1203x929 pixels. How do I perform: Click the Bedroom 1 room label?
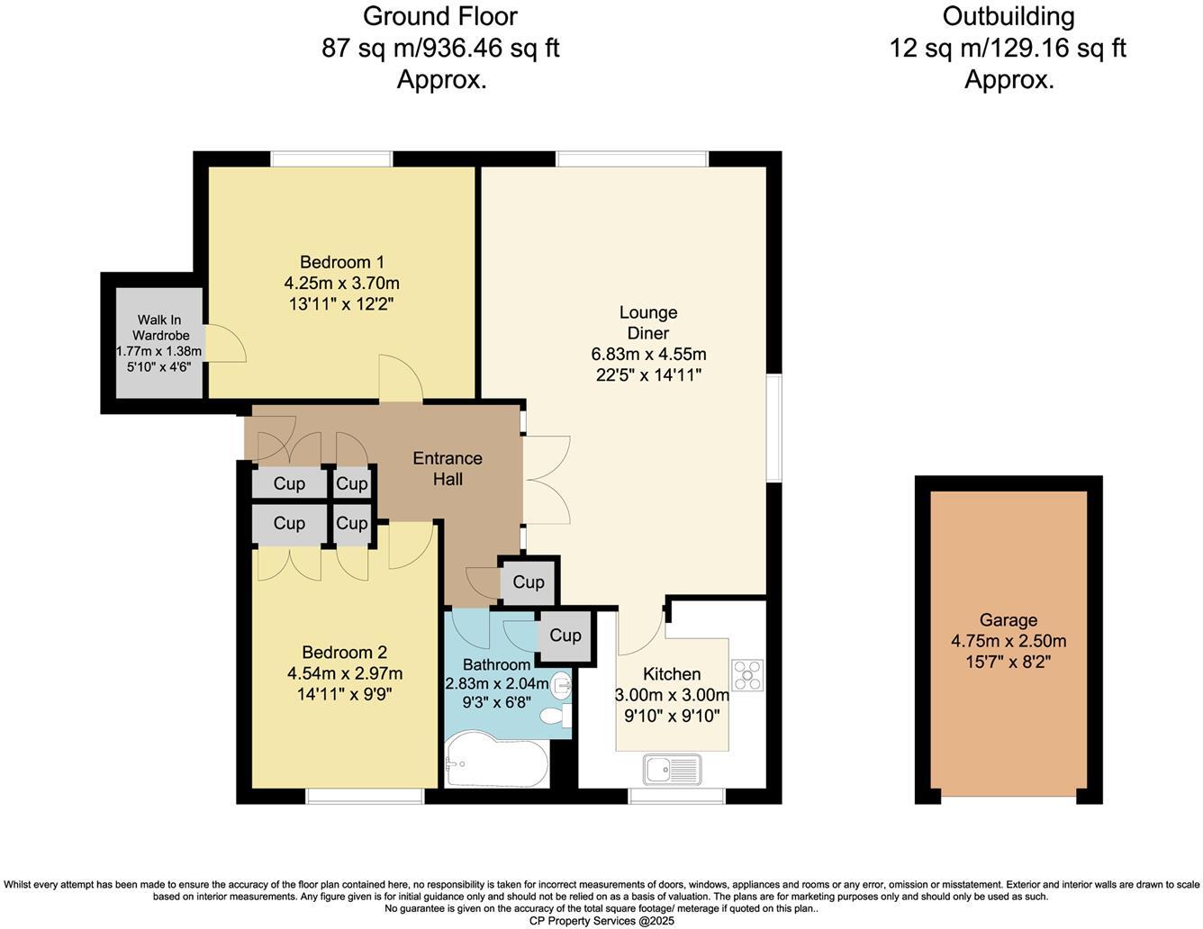click(341, 262)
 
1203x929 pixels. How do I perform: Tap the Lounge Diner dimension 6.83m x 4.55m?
click(648, 354)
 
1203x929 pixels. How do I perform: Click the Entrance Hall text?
click(448, 468)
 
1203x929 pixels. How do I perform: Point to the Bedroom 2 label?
click(344, 653)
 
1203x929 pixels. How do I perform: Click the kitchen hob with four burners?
click(747, 675)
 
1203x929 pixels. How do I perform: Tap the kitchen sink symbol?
click(672, 770)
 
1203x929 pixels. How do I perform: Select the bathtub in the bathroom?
click(495, 761)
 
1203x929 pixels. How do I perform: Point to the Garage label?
click(1008, 620)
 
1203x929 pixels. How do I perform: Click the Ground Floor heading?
click(440, 16)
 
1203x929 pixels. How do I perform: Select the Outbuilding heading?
click(1008, 16)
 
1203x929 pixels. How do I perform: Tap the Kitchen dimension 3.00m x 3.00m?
click(672, 695)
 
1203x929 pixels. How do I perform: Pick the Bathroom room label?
click(496, 664)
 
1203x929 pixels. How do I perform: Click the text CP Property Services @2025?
click(601, 921)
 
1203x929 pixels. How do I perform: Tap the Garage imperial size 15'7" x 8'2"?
click(1008, 662)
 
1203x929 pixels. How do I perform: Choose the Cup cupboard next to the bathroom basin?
click(565, 636)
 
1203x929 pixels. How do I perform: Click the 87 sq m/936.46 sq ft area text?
click(440, 48)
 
